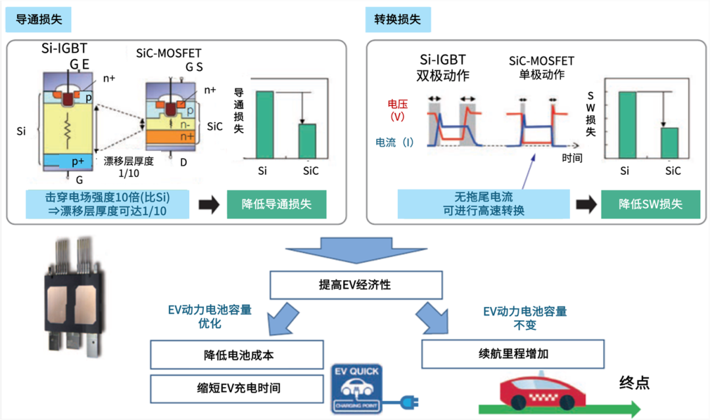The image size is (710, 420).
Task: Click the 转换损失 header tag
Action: [398, 20]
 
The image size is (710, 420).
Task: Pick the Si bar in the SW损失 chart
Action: [627, 125]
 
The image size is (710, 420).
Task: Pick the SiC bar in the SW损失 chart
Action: [669, 143]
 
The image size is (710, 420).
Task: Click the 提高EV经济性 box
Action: [356, 286]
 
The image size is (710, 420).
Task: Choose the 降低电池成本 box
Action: [237, 355]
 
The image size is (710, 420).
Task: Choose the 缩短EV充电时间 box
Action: [237, 388]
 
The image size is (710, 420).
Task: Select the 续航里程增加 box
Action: [512, 354]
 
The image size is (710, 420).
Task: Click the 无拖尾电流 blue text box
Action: [483, 204]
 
